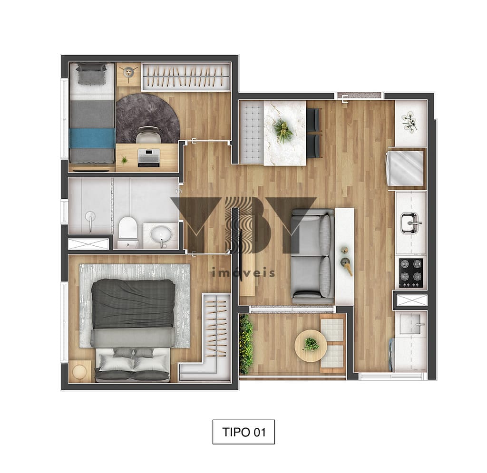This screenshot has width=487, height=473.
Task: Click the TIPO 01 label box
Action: click(243, 432)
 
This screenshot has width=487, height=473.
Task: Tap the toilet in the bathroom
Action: click(127, 232)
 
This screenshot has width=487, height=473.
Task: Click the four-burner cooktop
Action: click(410, 273)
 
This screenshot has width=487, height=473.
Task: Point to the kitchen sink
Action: click(410, 223)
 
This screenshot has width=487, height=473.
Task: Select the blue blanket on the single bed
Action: click(92, 138)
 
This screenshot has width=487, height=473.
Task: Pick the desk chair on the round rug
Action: click(149, 135)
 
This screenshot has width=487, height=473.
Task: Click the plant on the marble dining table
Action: click(282, 131)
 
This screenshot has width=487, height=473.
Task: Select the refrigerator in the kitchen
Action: click(405, 168)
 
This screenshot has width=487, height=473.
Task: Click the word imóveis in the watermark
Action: click(243, 272)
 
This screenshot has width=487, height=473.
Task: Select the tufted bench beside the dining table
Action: click(252, 133)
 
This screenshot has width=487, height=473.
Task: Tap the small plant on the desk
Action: click(124, 160)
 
